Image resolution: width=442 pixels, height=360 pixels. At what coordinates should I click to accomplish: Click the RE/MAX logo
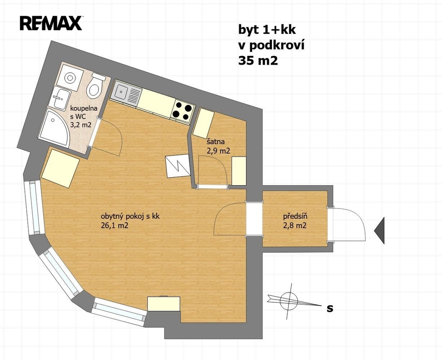(x=51, y=23)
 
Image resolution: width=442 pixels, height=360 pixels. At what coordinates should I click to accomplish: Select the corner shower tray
(x=54, y=127)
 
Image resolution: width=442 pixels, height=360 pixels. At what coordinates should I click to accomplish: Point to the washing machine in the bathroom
(x=70, y=77)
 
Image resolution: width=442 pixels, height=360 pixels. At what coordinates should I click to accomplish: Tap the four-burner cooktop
(x=182, y=112)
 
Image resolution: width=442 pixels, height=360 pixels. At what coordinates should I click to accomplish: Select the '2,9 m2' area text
(x=218, y=151)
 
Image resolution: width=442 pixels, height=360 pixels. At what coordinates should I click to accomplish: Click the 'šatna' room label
(x=216, y=142)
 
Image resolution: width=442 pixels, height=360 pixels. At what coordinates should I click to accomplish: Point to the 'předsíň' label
(x=295, y=217)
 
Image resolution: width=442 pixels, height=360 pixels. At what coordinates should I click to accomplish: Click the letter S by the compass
(x=330, y=309)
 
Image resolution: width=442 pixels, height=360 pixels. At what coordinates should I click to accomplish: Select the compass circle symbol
(x=289, y=300)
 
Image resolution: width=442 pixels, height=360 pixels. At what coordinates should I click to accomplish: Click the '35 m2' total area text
(x=258, y=60)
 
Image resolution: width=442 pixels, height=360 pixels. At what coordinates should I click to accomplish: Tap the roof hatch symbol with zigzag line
(x=178, y=166)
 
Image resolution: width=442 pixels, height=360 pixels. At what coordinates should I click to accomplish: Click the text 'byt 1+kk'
(x=267, y=30)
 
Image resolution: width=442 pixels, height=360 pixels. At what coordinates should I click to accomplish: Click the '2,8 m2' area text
(x=295, y=225)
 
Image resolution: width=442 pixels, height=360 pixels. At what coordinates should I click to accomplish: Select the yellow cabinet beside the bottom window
(x=164, y=304)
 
